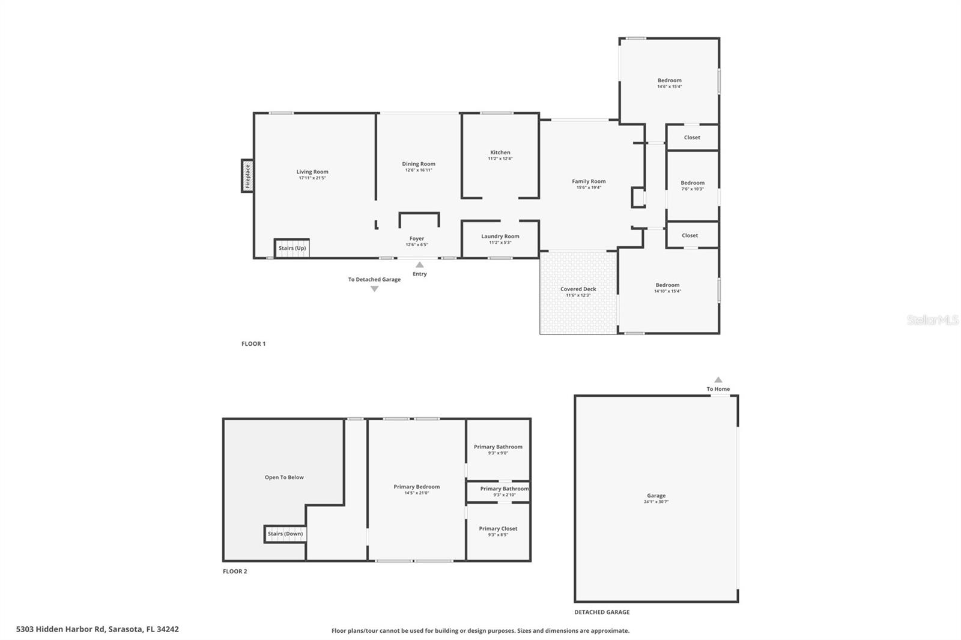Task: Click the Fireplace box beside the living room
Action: (x=247, y=176)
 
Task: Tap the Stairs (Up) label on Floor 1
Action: (x=293, y=248)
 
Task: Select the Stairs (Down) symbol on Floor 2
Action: (x=285, y=534)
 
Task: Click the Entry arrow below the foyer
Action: (x=419, y=265)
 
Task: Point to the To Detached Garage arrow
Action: (x=374, y=289)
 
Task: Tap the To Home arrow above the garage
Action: (x=718, y=379)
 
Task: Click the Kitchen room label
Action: (x=500, y=152)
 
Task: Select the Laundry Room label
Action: (x=500, y=236)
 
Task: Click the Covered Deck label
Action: (x=578, y=289)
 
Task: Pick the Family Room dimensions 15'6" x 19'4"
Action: (x=589, y=188)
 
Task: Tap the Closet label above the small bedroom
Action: (x=692, y=137)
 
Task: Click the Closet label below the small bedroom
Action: (x=690, y=235)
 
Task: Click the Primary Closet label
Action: (x=498, y=528)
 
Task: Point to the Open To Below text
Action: (x=284, y=477)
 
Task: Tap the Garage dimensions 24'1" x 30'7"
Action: (x=656, y=502)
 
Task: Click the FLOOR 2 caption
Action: (x=235, y=571)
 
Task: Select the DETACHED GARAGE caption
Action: (x=602, y=612)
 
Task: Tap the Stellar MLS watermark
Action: (x=932, y=320)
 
